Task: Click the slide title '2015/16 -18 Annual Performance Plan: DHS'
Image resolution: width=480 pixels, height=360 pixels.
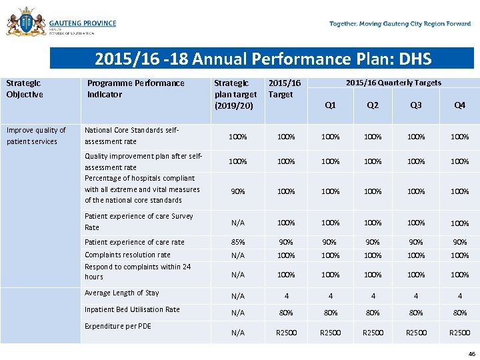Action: point(263,59)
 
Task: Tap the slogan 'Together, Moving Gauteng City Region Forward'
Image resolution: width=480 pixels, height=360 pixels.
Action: point(400,24)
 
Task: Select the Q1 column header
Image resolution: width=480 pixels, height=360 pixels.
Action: point(330,105)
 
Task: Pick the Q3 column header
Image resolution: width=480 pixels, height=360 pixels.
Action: point(416,105)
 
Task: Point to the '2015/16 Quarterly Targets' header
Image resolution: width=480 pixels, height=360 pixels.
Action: point(393,83)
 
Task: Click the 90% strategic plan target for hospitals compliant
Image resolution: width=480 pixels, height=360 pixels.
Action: point(237,191)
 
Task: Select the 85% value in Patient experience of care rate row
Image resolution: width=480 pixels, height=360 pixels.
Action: point(237,242)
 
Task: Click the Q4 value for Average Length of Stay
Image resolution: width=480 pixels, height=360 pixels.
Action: point(459,296)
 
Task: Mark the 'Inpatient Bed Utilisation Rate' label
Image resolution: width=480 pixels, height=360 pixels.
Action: point(132,309)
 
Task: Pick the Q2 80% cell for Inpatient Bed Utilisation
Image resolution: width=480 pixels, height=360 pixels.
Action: point(373,313)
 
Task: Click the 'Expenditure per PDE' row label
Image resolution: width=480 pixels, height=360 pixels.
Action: point(118,326)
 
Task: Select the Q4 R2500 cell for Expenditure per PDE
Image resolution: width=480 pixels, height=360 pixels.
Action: point(459,333)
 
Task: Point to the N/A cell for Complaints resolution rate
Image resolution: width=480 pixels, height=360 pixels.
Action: point(237,255)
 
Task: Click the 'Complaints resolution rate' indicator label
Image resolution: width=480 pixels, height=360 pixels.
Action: point(127,255)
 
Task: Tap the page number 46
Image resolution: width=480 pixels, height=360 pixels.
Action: point(472,354)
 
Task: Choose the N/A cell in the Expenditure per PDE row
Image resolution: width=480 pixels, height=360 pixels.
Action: point(237,333)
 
